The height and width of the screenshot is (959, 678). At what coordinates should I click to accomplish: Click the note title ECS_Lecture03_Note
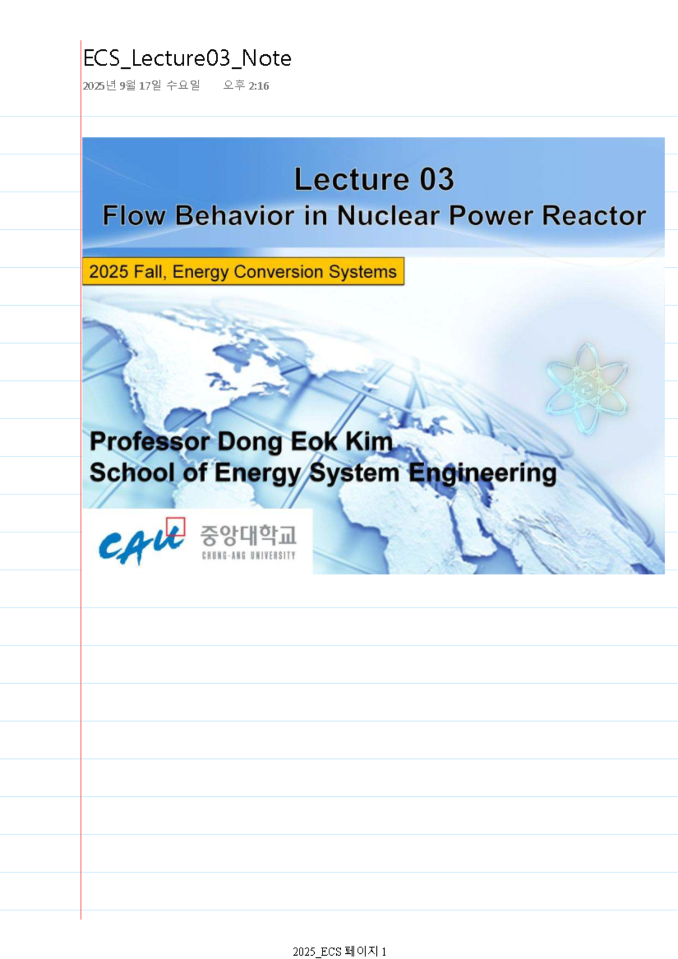tap(187, 58)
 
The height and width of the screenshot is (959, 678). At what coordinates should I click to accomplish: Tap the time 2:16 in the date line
tap(258, 86)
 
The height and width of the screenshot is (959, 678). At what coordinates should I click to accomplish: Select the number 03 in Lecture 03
tap(436, 179)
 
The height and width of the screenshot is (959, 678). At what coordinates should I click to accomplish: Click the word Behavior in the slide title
tap(234, 215)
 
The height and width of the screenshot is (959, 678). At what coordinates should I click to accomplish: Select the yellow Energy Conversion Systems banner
tap(243, 271)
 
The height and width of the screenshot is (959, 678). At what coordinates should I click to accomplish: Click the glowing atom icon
tap(586, 388)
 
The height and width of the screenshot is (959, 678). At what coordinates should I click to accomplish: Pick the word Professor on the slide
tap(150, 441)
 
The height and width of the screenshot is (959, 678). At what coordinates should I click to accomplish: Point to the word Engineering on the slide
tap(483, 473)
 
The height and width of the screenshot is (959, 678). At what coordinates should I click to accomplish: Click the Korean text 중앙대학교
tap(248, 535)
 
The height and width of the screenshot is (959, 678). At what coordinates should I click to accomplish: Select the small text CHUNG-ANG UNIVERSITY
tap(249, 556)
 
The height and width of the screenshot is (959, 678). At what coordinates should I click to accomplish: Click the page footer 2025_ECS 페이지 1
tap(339, 951)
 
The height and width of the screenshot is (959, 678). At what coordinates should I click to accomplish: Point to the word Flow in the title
tap(134, 215)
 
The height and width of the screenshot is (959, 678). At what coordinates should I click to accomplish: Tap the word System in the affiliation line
tap(354, 473)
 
